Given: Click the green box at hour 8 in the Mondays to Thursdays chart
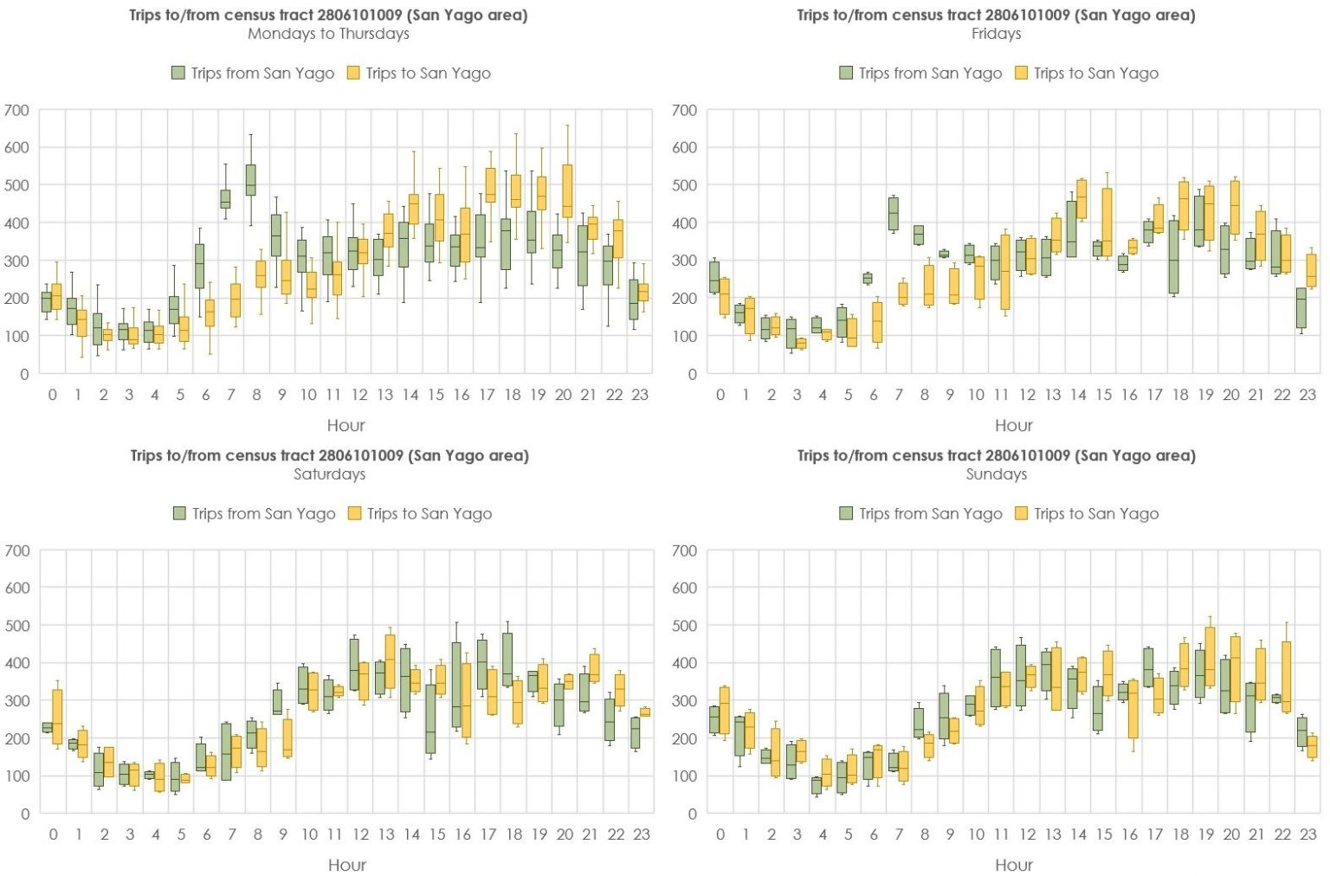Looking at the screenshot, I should tap(251, 180).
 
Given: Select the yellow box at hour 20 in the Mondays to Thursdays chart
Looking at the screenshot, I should tap(567, 190).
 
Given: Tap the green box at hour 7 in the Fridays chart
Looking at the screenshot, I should tap(894, 213).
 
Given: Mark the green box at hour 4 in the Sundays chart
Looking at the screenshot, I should tap(817, 785).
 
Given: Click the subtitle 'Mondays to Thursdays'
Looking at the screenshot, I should tap(328, 34).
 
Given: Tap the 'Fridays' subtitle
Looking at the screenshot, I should tap(996, 34).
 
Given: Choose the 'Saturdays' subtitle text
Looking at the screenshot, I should tap(329, 473).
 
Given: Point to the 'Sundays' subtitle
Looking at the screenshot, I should tap(996, 473).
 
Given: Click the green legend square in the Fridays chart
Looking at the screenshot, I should tap(846, 73).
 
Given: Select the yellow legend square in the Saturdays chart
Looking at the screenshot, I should tap(354, 513).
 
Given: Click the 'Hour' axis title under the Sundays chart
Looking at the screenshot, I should tap(1013, 864).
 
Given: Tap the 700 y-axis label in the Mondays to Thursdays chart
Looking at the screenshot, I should tap(16, 110).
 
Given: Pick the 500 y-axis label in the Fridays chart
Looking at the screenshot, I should tap(684, 185).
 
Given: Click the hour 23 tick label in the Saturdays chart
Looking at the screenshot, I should tap(641, 834).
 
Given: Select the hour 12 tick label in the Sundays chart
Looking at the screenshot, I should tap(1027, 834).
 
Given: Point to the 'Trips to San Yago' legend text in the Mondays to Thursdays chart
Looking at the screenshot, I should tap(428, 73).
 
